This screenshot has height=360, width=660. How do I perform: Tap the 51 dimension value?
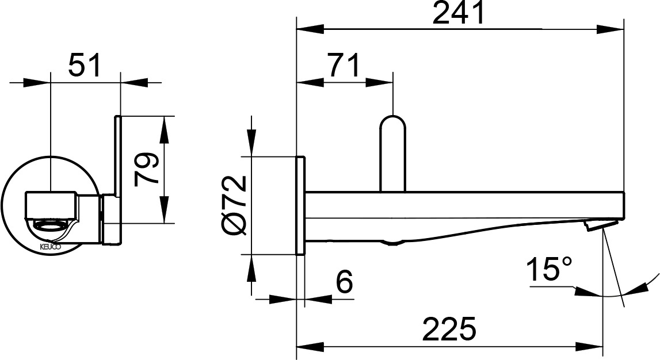click(85, 65)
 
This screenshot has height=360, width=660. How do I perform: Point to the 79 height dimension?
click(147, 169)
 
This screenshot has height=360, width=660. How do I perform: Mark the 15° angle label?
click(549, 269)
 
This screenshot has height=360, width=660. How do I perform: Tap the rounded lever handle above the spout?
click(392, 153)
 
